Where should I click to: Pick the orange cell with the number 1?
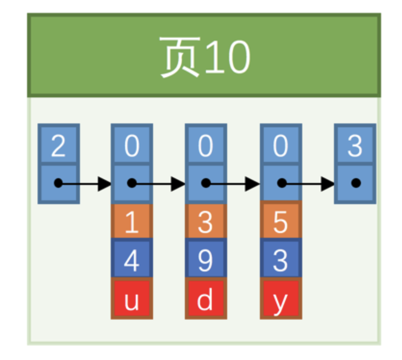pos(132,222)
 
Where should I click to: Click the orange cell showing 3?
pos(206,222)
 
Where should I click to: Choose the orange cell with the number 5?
pos(281,222)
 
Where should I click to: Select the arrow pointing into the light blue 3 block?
pos(308,183)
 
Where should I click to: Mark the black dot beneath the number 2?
pos(58,183)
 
